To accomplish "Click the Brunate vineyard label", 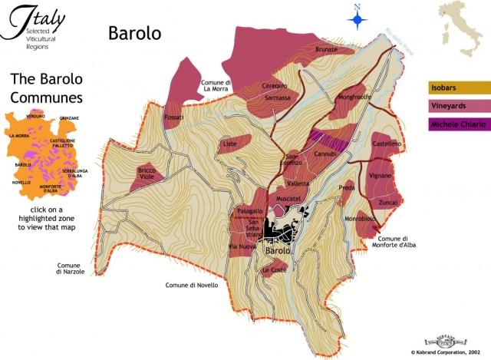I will coord(326,49).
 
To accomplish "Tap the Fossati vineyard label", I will coord(173,117).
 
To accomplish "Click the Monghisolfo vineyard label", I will coord(354,97).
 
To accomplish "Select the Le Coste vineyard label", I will coord(274,270).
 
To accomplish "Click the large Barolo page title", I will coord(134,33).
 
